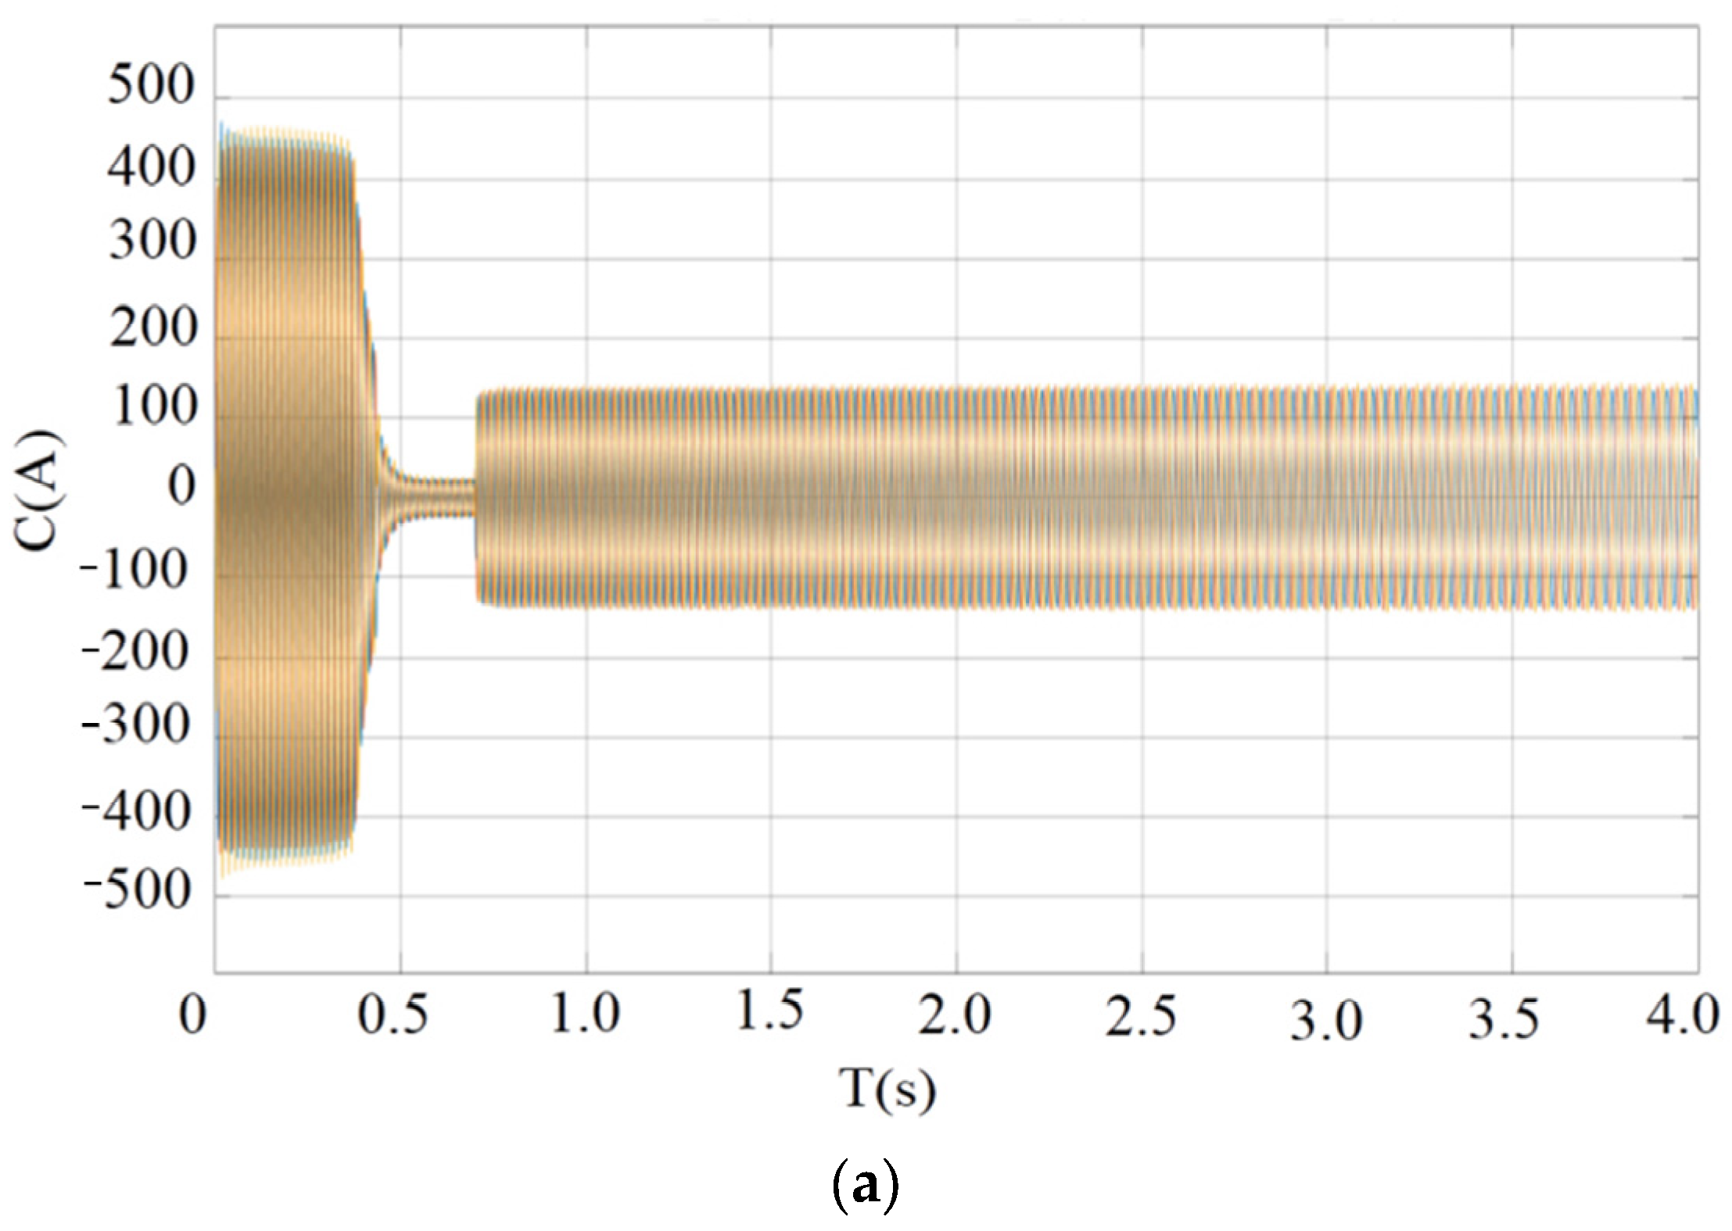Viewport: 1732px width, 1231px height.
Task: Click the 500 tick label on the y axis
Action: pos(149,85)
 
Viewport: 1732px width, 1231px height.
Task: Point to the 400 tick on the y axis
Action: pos(149,167)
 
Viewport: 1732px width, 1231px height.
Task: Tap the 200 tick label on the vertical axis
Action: pos(151,327)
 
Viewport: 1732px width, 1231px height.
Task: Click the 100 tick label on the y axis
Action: pos(151,407)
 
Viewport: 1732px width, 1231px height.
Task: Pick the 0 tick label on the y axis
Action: pos(181,488)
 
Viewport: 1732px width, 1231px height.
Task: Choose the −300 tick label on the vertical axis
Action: pos(134,725)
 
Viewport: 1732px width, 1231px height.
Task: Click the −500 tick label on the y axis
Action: pos(134,890)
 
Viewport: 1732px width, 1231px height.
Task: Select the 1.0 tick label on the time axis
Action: pos(585,1014)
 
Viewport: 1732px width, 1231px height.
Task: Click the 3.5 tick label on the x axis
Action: pos(1503,1018)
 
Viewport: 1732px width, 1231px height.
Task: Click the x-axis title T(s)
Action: pos(887,1089)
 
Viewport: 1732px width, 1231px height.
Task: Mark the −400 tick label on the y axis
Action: pos(134,813)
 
